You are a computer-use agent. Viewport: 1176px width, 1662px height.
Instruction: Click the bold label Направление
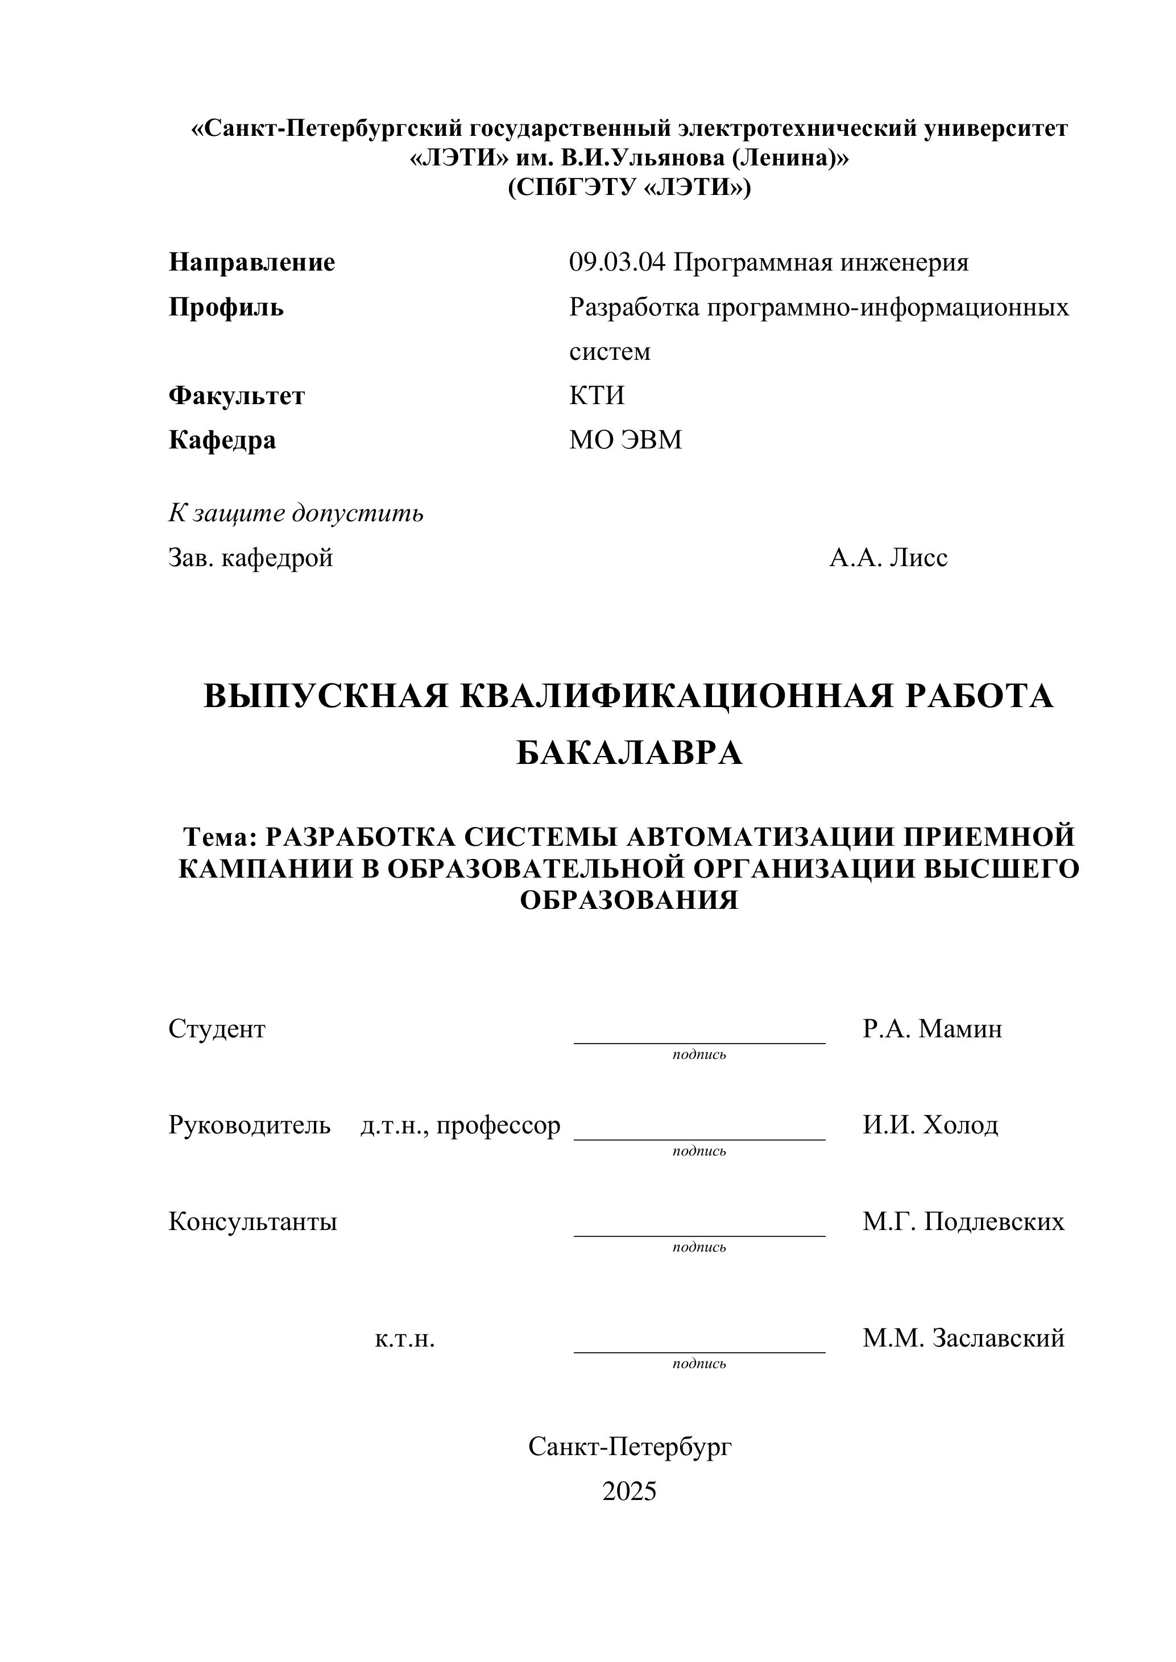(x=251, y=262)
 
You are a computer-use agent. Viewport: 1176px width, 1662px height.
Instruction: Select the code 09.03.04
(x=616, y=262)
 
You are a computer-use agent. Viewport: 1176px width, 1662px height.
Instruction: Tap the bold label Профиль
(x=226, y=307)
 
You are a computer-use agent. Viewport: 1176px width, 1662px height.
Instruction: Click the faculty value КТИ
(x=597, y=395)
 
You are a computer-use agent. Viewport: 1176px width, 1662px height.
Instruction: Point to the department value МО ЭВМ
(x=626, y=440)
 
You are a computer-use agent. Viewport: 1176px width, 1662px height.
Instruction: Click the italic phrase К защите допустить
(x=296, y=513)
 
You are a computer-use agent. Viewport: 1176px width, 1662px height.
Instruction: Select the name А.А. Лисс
(x=888, y=558)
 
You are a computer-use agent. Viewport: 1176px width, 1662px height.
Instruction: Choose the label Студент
(x=217, y=1029)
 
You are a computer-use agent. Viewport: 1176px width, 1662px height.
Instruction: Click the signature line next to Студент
(x=699, y=1042)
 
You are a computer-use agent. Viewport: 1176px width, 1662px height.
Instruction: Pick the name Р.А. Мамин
(x=932, y=1029)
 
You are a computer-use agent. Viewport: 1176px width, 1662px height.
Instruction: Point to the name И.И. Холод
(x=930, y=1125)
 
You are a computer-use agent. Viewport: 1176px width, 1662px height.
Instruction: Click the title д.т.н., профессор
(x=460, y=1125)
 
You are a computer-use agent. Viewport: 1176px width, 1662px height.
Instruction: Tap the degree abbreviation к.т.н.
(x=405, y=1339)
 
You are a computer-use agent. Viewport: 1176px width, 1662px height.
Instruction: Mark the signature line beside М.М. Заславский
(x=699, y=1352)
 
